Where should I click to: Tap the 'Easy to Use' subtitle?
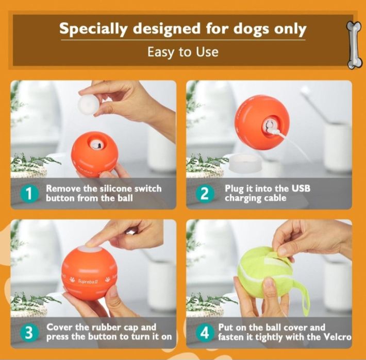coord(183,52)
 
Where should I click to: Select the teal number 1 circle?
coord(29,193)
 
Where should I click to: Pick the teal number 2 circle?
coord(205,193)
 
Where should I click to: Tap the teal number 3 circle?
coord(29,333)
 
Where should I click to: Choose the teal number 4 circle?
coord(205,333)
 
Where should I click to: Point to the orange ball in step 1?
coord(95,153)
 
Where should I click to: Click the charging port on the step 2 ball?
coord(270,125)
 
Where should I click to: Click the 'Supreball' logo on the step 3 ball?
coord(88,281)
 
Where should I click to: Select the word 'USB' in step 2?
coord(302,188)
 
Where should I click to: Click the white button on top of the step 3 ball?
coord(90,249)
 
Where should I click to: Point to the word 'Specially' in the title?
coord(94,29)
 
